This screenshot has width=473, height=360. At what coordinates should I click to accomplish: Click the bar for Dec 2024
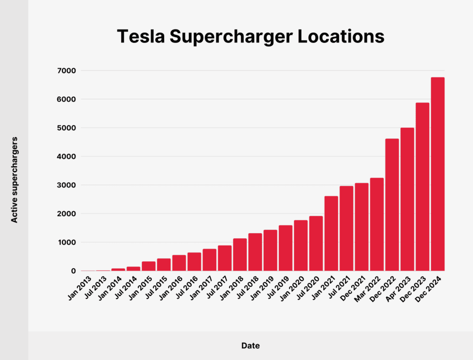click(x=438, y=174)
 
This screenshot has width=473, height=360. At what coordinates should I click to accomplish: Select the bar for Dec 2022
click(x=392, y=205)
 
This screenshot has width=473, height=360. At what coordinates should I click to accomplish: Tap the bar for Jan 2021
click(x=331, y=233)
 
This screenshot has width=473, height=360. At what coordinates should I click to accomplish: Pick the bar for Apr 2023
click(x=407, y=199)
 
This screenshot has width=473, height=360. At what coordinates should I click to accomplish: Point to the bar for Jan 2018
click(x=240, y=254)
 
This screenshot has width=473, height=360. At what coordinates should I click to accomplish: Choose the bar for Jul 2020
click(x=316, y=243)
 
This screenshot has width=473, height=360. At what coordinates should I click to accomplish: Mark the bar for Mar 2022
click(x=376, y=224)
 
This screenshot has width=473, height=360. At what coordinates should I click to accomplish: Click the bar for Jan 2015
click(x=149, y=266)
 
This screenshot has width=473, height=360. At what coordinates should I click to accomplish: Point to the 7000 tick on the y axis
click(x=67, y=71)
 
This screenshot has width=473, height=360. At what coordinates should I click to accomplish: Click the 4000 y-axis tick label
click(x=67, y=156)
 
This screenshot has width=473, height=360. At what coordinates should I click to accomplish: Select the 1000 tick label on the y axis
click(x=67, y=242)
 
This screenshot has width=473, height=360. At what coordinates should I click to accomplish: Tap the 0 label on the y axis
click(x=73, y=271)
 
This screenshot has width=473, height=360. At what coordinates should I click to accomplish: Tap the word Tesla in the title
click(x=136, y=37)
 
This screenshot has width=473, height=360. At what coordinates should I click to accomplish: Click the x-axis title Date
click(x=250, y=346)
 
